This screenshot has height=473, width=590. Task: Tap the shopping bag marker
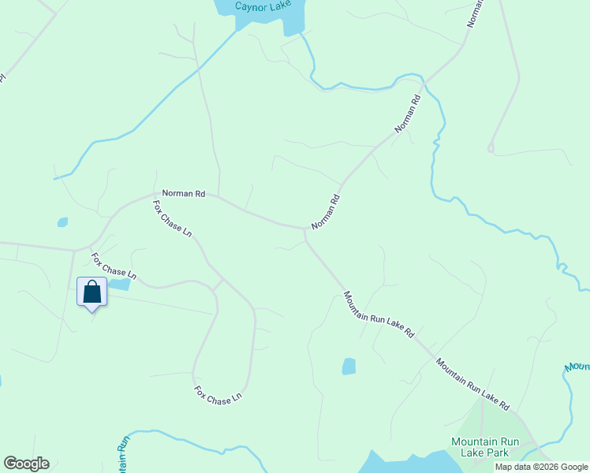pos(92,292)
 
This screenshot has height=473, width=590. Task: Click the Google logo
pos(26,464)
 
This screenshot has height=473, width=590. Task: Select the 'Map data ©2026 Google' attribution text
pos(542,467)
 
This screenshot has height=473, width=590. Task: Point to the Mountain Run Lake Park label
pos(485,447)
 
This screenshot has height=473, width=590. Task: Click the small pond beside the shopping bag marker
pos(119,284)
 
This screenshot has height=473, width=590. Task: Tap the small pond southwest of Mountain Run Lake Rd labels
pos(349,366)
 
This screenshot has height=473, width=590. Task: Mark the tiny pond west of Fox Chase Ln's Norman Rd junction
pos(62,222)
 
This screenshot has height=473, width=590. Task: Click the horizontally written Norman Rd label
pos(183,193)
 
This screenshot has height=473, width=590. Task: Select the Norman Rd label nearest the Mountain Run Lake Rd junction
pos(325,212)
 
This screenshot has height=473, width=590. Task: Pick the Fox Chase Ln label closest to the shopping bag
pos(114,266)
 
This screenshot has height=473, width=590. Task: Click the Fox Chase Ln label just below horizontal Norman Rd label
pos(172,218)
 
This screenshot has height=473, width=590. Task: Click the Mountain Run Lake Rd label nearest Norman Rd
pos(379,315)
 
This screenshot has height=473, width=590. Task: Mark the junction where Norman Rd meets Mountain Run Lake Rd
pos(304,230)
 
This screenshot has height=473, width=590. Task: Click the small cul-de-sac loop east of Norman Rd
pos(491,146)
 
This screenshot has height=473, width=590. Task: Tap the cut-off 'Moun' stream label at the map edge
pos(578,367)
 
